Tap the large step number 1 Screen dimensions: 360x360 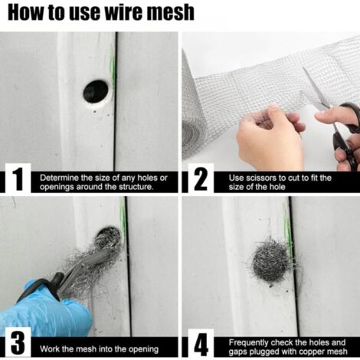[x=17, y=181]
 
